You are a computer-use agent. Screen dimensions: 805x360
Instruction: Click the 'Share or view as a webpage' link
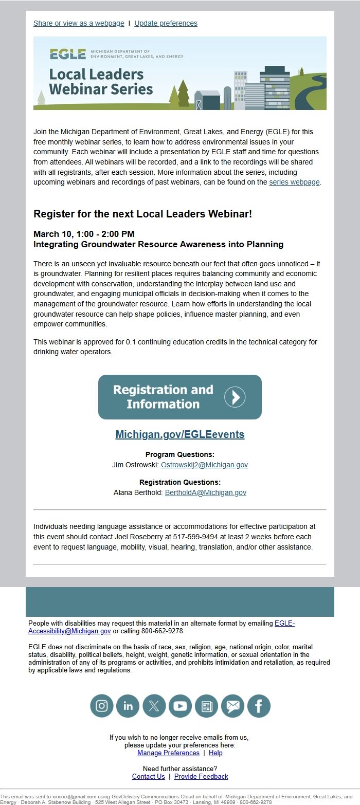79,23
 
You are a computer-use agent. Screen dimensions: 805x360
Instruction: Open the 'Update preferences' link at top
166,23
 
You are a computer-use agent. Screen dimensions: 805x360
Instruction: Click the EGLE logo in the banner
68,54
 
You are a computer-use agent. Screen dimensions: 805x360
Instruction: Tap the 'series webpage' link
294,182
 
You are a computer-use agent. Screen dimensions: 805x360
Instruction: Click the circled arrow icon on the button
235,397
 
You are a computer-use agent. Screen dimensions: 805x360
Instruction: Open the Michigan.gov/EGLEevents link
179,434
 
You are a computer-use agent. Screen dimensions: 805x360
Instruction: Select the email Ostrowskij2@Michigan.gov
204,465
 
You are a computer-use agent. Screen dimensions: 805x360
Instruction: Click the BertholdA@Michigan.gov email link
205,492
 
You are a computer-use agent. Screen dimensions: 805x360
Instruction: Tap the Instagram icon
102,706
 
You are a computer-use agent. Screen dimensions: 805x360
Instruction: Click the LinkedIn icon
128,706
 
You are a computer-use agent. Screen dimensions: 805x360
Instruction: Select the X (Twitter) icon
154,706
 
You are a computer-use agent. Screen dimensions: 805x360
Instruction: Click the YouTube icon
180,706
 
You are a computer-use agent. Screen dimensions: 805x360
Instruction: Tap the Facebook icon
259,706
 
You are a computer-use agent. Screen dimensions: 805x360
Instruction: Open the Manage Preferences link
168,753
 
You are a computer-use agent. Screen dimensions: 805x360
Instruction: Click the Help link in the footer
215,753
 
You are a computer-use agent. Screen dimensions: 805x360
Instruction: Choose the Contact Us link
148,776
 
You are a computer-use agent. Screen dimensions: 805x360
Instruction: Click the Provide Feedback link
201,776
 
